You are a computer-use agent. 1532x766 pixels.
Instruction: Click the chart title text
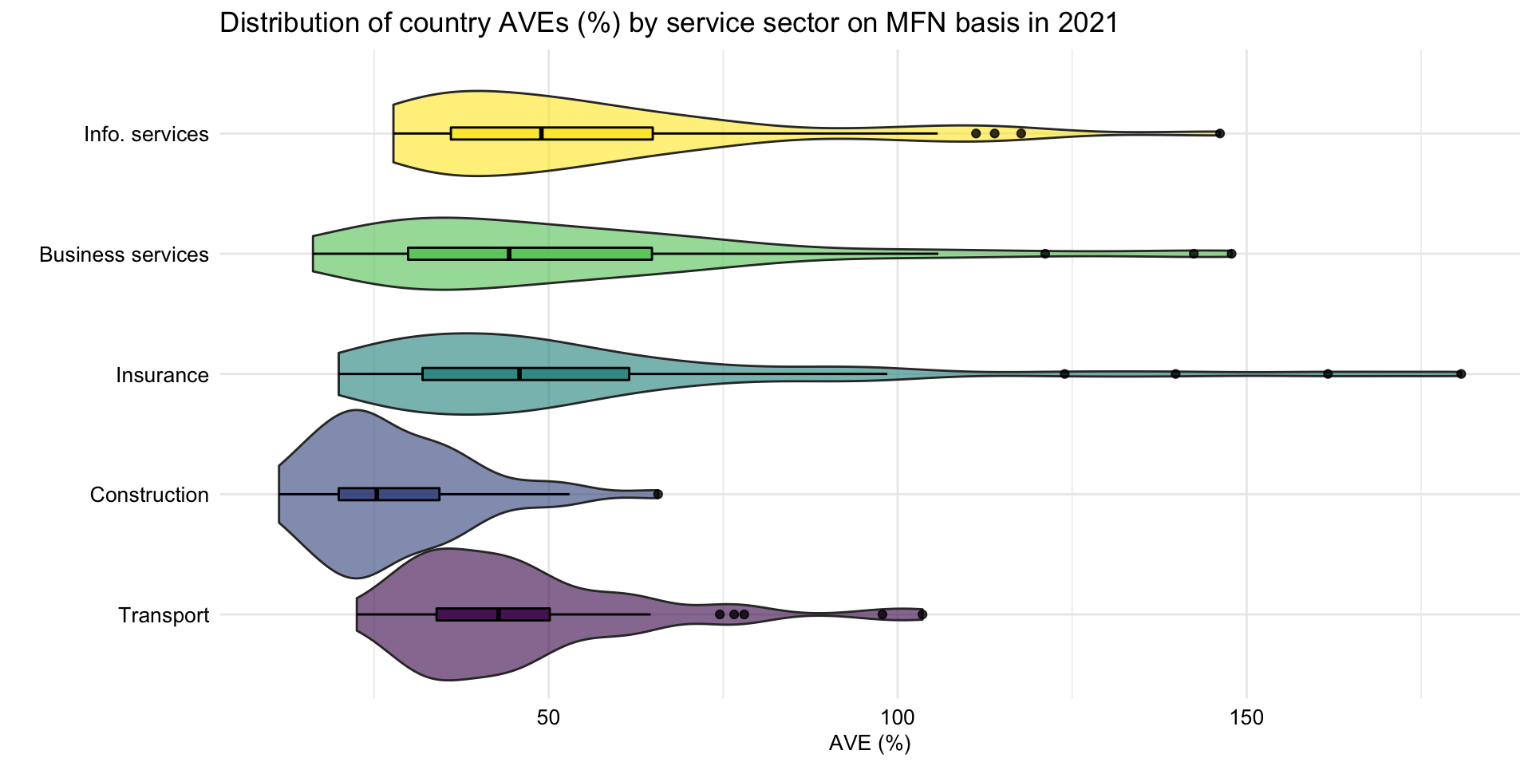[x=669, y=23]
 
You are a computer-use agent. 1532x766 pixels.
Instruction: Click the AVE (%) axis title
[x=870, y=744]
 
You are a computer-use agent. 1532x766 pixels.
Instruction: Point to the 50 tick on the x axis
[x=549, y=717]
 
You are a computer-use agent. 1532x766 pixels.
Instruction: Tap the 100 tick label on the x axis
[x=898, y=717]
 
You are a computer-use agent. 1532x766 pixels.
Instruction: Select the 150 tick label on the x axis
[x=1246, y=717]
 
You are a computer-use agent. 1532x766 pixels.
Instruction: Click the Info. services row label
[x=146, y=134]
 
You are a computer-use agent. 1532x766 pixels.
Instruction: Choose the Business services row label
[x=124, y=255]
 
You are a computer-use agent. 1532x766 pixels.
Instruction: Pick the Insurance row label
[x=162, y=375]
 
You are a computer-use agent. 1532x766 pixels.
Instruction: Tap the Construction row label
[x=149, y=496]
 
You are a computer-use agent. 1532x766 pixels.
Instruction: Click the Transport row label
[x=164, y=616]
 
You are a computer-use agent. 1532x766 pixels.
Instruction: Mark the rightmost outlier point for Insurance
[x=1461, y=373]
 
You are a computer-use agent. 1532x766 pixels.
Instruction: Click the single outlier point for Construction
[x=657, y=494]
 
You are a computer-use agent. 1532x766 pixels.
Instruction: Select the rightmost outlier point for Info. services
[x=1220, y=133]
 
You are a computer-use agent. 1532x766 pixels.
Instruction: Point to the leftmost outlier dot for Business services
[x=1045, y=254]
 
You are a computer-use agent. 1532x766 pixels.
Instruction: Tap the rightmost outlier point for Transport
[x=922, y=614]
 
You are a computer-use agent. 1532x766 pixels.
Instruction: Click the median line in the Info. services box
[x=542, y=133]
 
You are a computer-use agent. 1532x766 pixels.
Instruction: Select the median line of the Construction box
[x=377, y=494]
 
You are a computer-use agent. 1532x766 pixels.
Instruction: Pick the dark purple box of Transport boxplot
[x=467, y=614]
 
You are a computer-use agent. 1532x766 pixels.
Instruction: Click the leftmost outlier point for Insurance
[x=1064, y=373]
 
